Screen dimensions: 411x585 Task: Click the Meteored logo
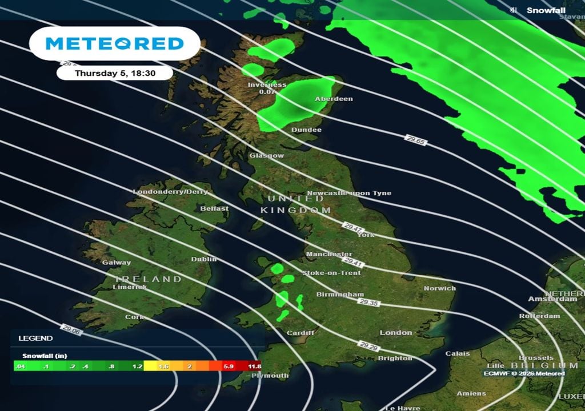coord(114,43)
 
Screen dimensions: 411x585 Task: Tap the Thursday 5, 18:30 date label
coord(115,73)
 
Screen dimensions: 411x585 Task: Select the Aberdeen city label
coord(334,99)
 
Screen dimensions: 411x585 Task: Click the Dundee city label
coord(306,130)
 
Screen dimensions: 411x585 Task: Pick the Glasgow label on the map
coord(266,155)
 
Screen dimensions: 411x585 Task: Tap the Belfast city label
coord(214,208)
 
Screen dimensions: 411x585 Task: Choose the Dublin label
coord(204,259)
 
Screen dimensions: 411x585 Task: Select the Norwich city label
coord(439,288)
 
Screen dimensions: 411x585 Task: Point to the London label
coord(396,332)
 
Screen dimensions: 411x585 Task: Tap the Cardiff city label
coord(300,333)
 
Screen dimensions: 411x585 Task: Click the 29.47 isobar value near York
coord(353,228)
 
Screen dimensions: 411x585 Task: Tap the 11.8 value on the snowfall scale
coord(254,366)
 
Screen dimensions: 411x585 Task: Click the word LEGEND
coord(35,338)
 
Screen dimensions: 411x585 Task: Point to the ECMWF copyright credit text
coord(524,373)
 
